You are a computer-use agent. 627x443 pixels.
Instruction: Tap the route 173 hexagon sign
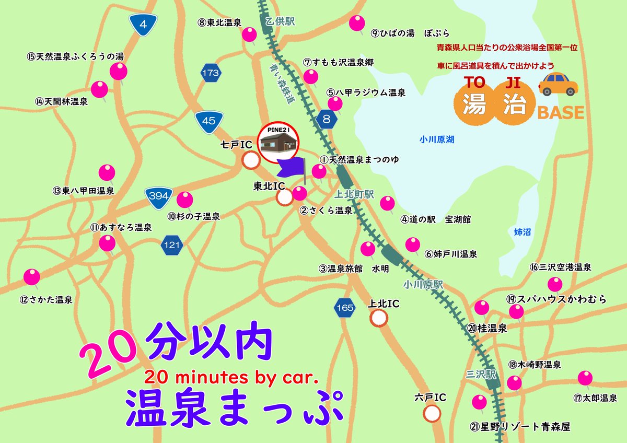click(x=211, y=73)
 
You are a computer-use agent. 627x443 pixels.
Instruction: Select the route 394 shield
click(x=158, y=196)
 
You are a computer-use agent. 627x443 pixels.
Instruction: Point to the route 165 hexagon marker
click(x=345, y=308)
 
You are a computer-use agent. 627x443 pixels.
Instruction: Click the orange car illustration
click(x=558, y=85)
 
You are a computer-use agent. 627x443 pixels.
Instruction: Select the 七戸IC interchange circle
click(x=251, y=160)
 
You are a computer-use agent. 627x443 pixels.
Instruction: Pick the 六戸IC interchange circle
click(x=432, y=413)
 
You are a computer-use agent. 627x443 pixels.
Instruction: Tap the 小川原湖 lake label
click(x=437, y=139)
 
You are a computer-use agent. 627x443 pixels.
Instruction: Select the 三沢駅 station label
click(x=479, y=374)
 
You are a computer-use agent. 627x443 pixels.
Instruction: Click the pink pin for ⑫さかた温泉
click(x=32, y=277)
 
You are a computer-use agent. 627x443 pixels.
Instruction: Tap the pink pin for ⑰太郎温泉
click(x=585, y=377)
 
